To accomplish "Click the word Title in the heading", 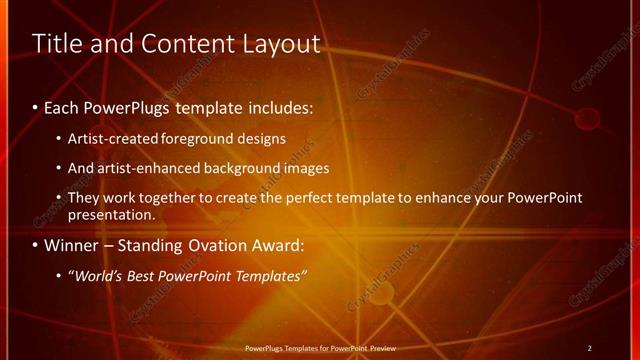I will (58, 44).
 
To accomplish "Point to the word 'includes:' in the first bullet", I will (279, 106).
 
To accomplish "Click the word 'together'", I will (174, 198).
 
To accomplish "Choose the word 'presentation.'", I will (111, 214).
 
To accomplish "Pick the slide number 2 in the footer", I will (589, 348).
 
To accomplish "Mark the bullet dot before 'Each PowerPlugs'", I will (36, 107).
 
